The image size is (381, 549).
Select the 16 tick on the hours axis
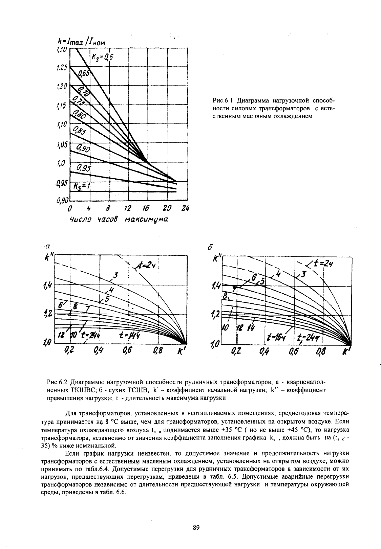tap(147, 208)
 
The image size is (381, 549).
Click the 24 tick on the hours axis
tap(185, 208)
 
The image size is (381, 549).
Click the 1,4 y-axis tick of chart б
tap(215, 288)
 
